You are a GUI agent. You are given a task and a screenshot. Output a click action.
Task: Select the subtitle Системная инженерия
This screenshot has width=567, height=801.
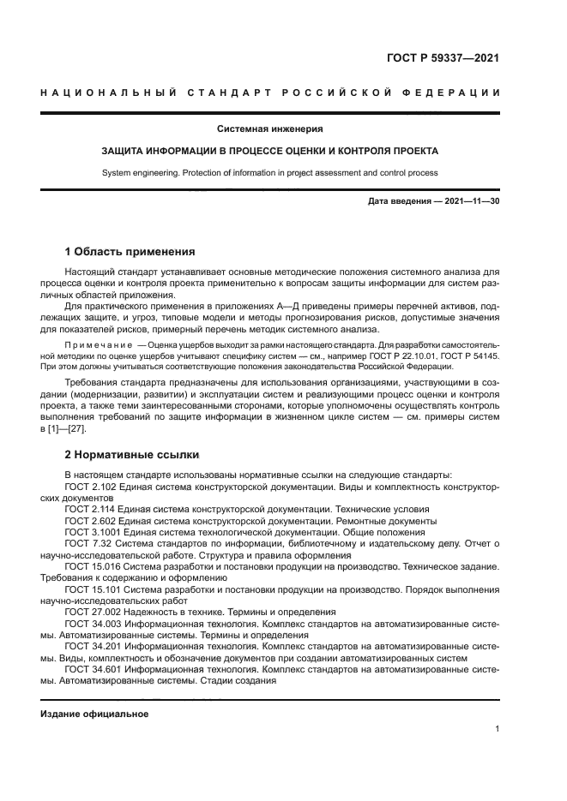[x=269, y=129]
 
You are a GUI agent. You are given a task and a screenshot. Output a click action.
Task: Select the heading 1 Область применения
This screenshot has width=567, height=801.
[x=130, y=252]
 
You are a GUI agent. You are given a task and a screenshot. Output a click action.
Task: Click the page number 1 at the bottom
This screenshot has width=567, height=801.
[x=498, y=729]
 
